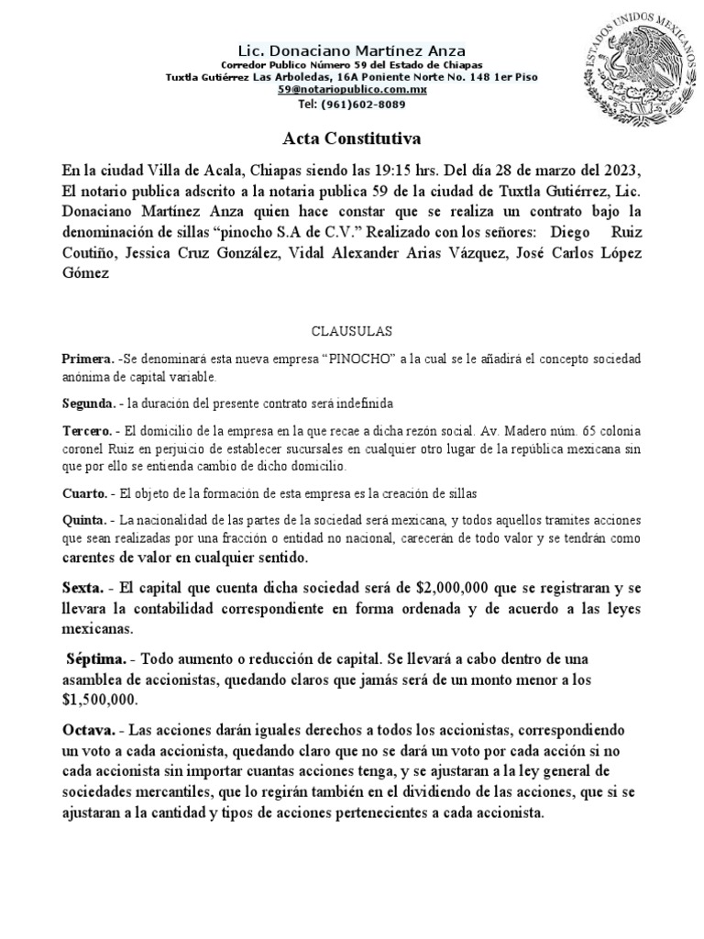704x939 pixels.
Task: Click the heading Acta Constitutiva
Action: [x=350, y=139]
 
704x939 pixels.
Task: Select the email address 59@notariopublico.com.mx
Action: [x=353, y=90]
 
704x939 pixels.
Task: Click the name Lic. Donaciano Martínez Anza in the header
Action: [x=352, y=50]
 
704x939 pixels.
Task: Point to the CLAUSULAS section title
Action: [x=352, y=328]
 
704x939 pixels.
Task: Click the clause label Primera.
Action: [x=88, y=357]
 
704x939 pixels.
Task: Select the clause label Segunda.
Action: [x=90, y=403]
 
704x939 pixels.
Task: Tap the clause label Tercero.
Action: [x=88, y=430]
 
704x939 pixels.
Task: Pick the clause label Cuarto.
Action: [x=85, y=494]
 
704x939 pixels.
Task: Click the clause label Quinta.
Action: [x=85, y=521]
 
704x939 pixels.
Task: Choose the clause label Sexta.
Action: [x=83, y=587]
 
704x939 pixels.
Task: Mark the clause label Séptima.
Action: [x=96, y=658]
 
